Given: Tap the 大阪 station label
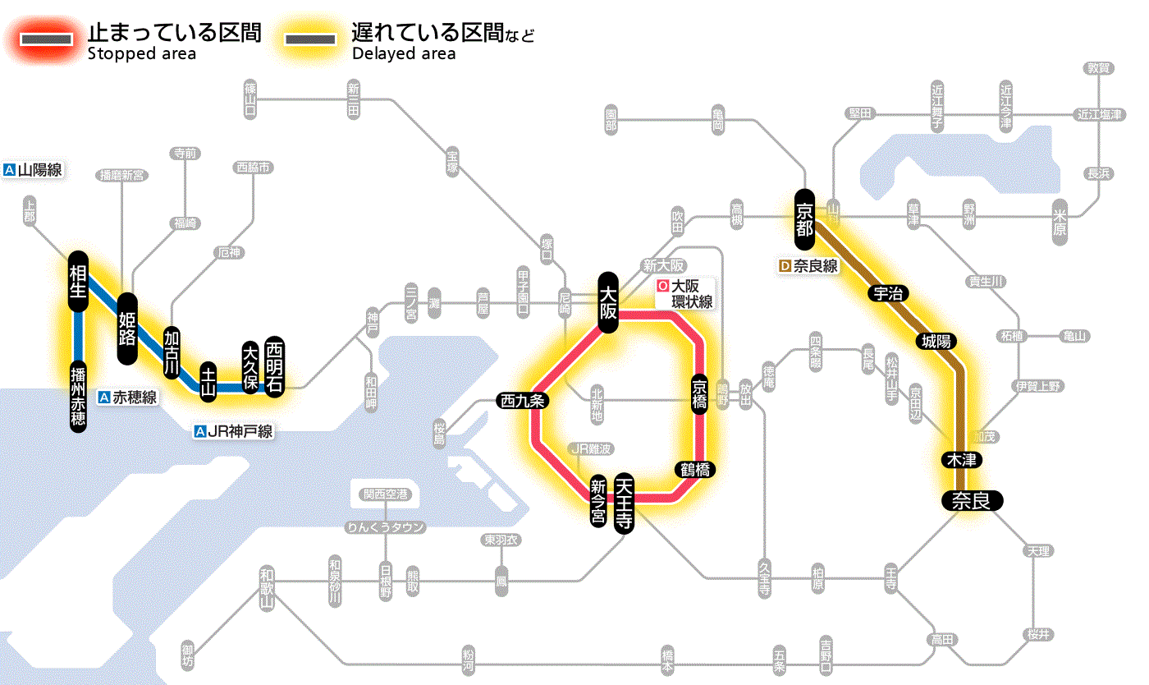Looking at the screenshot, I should [608, 301].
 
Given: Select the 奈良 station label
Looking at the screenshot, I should [971, 500].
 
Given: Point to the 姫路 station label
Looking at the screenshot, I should [127, 329].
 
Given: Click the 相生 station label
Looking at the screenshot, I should [78, 282].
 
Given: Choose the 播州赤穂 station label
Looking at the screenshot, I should [78, 396].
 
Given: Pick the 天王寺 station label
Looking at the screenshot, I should [625, 504].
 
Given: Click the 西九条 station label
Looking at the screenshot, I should [522, 401].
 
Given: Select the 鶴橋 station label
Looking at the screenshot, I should [694, 470].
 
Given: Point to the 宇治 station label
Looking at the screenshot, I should [886, 293].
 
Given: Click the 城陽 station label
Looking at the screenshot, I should [936, 340].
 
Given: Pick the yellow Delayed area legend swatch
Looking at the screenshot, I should [310, 39].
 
